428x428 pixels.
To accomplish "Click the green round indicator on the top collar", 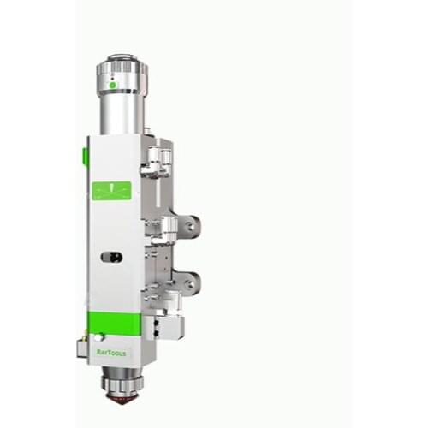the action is click(113, 85).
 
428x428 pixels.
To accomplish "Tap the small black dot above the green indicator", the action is click(113, 78).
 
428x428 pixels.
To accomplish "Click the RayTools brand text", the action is click(111, 353).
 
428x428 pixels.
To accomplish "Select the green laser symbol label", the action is click(112, 191).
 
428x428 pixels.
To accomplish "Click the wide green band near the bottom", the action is click(115, 324).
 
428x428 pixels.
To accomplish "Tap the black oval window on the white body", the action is click(112, 257).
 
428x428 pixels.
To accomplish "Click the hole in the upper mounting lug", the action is click(190, 226).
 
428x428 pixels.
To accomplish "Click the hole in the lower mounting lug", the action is click(189, 283).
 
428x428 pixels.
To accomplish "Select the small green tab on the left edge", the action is click(84, 156).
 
